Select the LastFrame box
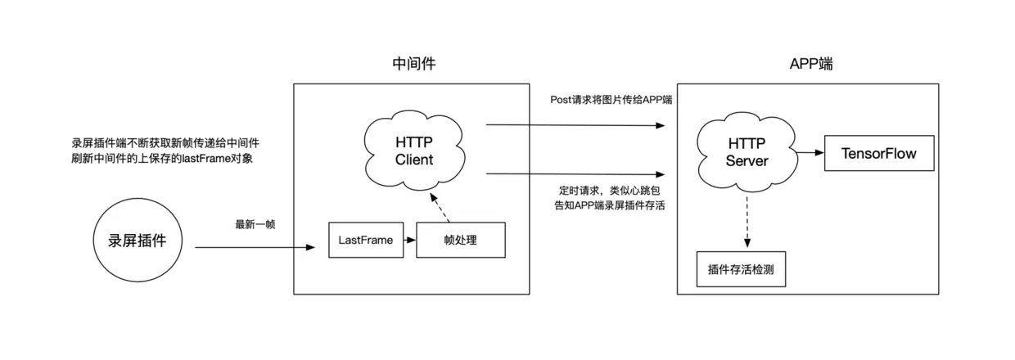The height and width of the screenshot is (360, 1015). tap(366, 241)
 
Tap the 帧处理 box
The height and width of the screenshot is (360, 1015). tap(460, 241)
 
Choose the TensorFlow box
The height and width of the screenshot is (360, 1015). tap(878, 153)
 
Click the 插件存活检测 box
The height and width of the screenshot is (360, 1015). tap(746, 269)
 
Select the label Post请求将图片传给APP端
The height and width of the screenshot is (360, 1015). tap(611, 100)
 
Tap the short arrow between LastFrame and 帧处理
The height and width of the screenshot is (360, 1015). tap(409, 241)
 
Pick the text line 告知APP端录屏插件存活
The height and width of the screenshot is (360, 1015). tap(609, 205)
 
